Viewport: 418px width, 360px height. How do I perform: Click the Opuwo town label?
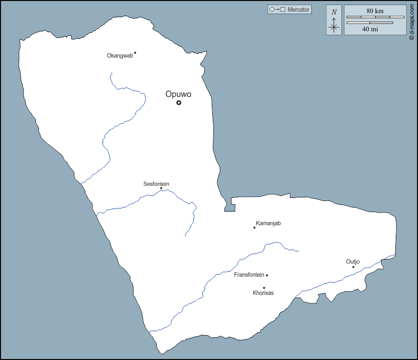coord(178,94)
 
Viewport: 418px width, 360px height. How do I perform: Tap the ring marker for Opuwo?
coord(178,102)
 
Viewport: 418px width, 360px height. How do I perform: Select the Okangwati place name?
coord(120,56)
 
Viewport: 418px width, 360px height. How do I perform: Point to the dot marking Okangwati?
coord(135,53)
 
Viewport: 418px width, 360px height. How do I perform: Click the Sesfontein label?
coord(156,184)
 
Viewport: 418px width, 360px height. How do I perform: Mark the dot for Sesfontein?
coord(161,188)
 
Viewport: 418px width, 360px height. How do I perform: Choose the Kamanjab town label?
coord(268,223)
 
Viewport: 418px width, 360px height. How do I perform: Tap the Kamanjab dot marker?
coord(254,227)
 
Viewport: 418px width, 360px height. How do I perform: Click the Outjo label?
coord(353,261)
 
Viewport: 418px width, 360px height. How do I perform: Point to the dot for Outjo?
coord(353,267)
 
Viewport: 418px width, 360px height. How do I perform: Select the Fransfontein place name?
coord(249,275)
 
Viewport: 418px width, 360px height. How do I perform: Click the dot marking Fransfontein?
coord(267,275)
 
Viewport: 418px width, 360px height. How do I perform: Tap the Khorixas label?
coord(263,293)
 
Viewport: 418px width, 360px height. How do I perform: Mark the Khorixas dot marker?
coord(264,288)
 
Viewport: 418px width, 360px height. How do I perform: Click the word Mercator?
coord(298,10)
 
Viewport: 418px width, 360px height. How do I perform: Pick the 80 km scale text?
coord(375,11)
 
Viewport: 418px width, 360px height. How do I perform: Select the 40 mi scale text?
coord(370,29)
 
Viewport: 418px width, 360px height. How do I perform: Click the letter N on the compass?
coord(334,12)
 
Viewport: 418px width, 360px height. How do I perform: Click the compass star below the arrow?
coord(334,28)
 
